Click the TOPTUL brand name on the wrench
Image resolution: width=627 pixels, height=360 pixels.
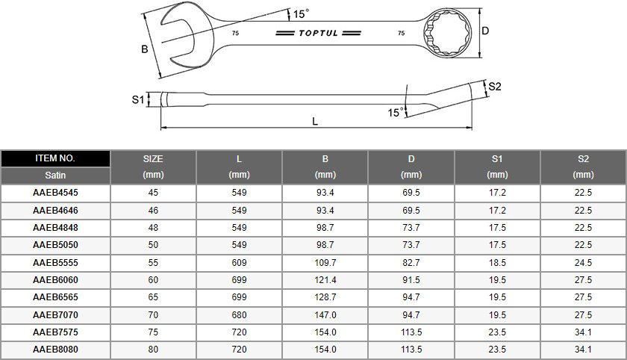pos(318,33)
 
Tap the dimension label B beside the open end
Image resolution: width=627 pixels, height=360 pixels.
pos(144,49)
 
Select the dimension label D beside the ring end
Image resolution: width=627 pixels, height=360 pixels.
pos(485,31)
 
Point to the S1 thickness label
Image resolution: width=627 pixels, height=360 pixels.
pos(138,99)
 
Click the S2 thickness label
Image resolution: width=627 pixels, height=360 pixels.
pos(495,87)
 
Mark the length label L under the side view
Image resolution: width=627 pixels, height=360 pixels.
pos(315,121)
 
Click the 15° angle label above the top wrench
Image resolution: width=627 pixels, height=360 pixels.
pos(301,14)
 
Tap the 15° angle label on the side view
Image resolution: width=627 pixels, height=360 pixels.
pos(396,112)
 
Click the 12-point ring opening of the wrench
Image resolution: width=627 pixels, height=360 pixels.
pos(447,32)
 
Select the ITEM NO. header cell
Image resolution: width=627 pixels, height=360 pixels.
pos(55,158)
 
